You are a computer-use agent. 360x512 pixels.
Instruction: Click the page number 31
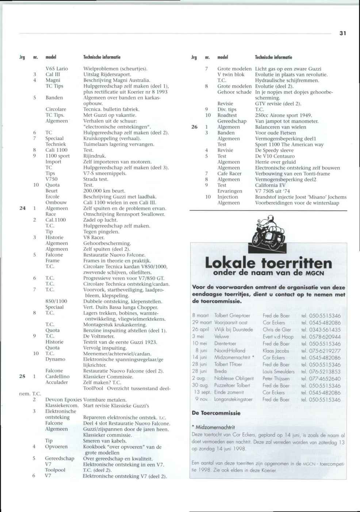tap(342, 33)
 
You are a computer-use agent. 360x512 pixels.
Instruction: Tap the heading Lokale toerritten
tap(268, 263)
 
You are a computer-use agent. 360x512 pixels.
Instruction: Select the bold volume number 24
tap(22, 208)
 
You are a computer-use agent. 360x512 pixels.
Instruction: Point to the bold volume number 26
tap(194, 127)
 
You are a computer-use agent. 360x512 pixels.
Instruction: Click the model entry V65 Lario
tap(57, 68)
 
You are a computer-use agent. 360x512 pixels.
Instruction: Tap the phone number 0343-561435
tap(325, 329)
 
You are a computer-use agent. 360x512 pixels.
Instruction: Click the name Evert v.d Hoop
tap(278, 337)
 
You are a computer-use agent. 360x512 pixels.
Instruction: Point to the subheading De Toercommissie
tap(216, 413)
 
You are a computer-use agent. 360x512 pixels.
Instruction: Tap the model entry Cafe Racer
tap(229, 173)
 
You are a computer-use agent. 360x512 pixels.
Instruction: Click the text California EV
tap(270, 185)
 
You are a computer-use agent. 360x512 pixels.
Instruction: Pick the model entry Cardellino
tap(57, 376)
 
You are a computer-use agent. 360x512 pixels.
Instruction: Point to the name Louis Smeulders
tap(278, 371)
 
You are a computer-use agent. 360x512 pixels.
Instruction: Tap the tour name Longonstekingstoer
tap(233, 399)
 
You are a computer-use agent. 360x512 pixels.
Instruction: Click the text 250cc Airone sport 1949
tap(283, 115)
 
